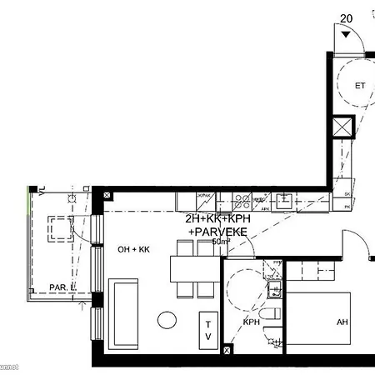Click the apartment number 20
[347, 17]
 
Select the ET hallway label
[360, 85]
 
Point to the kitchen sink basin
[284, 199]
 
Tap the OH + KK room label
[132, 249]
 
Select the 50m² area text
[221, 242]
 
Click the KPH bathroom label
[252, 321]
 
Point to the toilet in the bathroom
[272, 336]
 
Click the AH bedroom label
[342, 322]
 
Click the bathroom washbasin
[274, 289]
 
